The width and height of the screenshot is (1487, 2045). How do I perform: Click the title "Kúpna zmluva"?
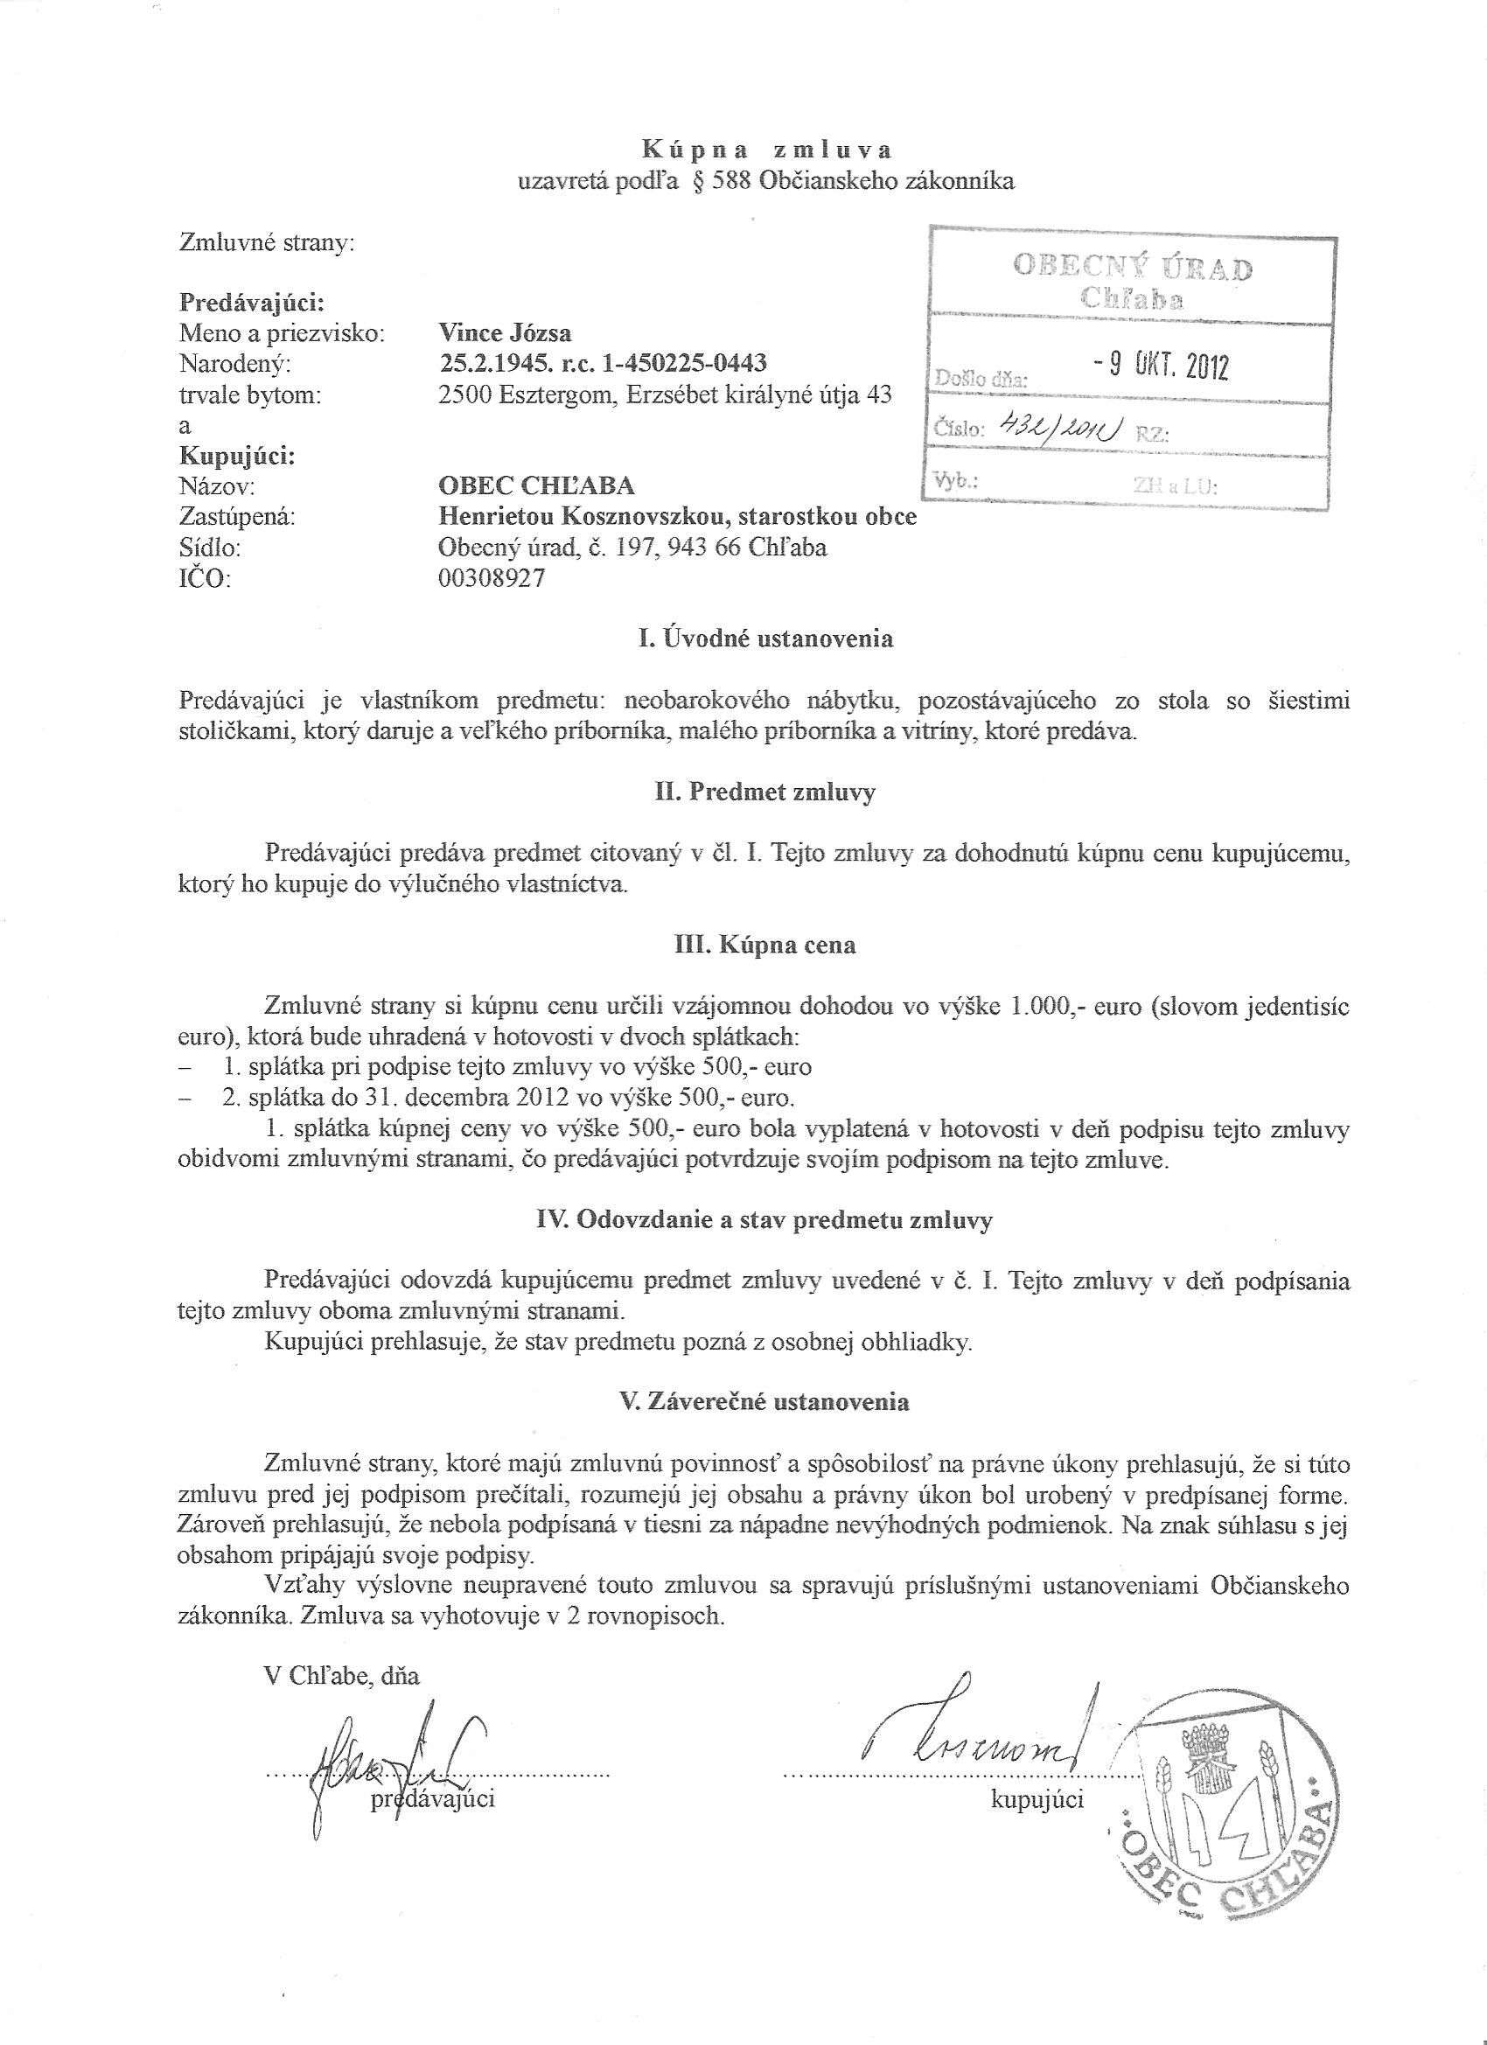click(x=766, y=149)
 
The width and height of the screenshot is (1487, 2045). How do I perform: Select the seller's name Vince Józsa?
click(x=504, y=332)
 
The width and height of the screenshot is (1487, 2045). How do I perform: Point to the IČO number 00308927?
click(x=492, y=579)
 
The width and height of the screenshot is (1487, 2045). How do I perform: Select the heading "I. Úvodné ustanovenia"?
click(x=765, y=639)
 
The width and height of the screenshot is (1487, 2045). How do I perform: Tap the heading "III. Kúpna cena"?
click(x=765, y=946)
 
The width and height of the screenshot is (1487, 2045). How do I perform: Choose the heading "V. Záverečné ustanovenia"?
click(x=765, y=1402)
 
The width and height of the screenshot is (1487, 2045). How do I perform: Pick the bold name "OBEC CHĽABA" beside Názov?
click(x=535, y=486)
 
